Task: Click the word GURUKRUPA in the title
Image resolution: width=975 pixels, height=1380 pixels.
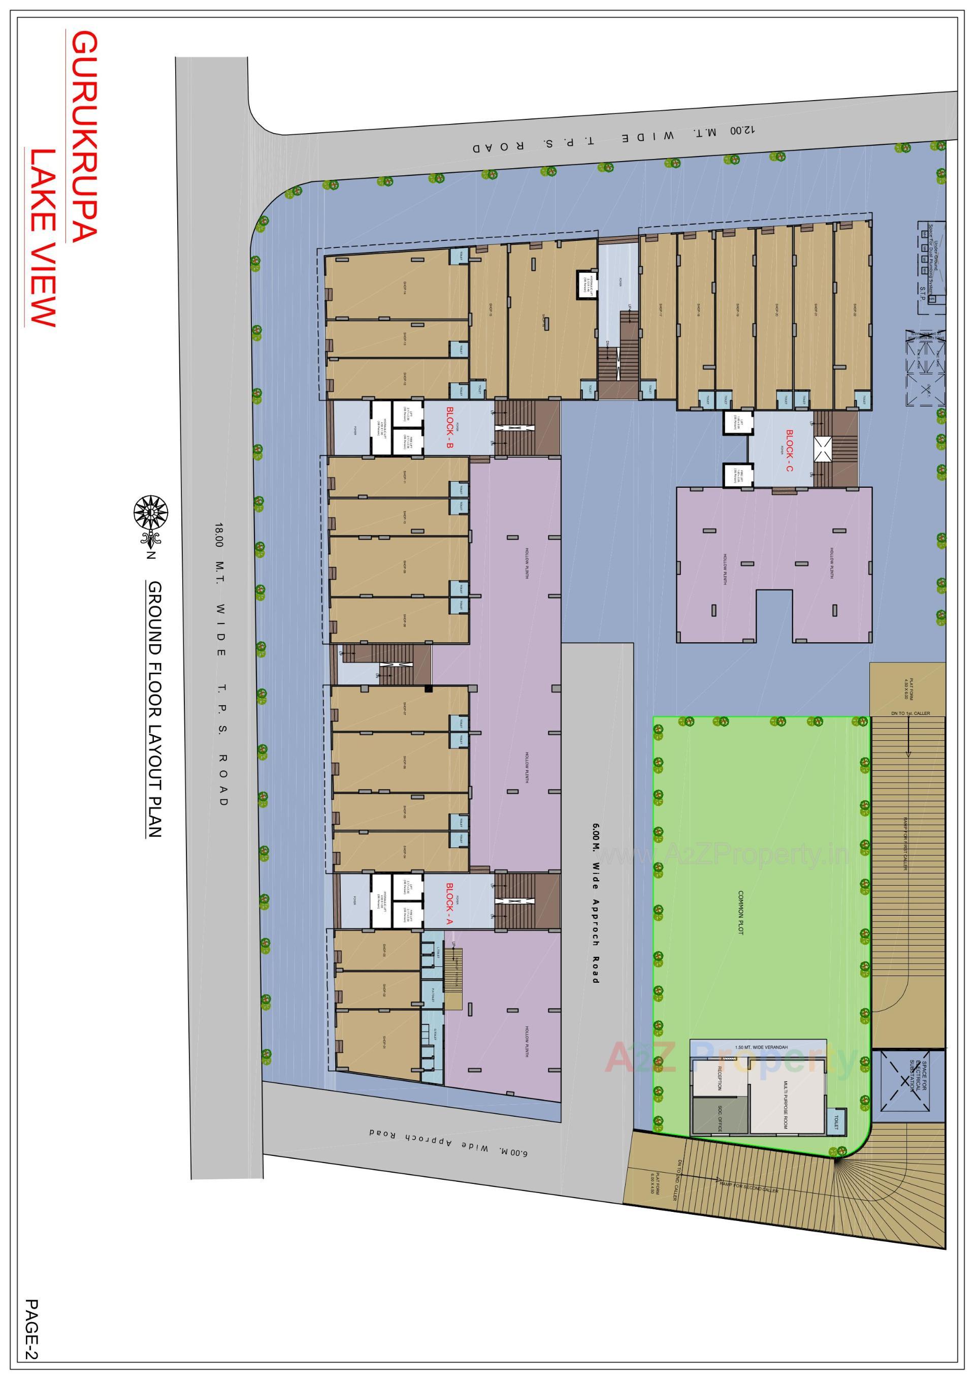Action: click(x=83, y=138)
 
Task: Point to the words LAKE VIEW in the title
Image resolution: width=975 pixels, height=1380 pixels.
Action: click(x=43, y=237)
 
